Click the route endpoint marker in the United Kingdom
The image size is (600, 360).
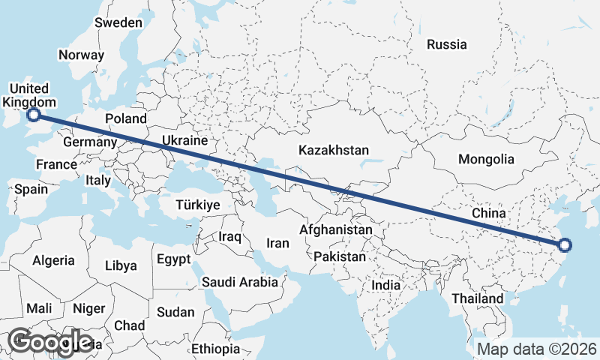34,114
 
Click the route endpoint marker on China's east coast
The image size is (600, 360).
565,244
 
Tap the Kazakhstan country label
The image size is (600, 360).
334,151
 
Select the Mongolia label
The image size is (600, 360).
486,159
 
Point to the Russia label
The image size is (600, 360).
446,44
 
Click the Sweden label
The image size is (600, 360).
118,22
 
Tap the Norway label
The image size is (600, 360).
81,55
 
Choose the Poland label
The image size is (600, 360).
126,118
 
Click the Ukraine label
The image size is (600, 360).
184,140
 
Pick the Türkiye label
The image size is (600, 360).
197,205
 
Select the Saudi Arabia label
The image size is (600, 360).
240,283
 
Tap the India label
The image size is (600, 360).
386,286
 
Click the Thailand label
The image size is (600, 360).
478,298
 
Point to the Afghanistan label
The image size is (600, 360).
336,229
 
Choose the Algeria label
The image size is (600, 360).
53,261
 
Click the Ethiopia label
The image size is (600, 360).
215,349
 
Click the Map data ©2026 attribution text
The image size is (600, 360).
536,349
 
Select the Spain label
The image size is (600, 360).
31,190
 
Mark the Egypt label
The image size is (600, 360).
174,260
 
